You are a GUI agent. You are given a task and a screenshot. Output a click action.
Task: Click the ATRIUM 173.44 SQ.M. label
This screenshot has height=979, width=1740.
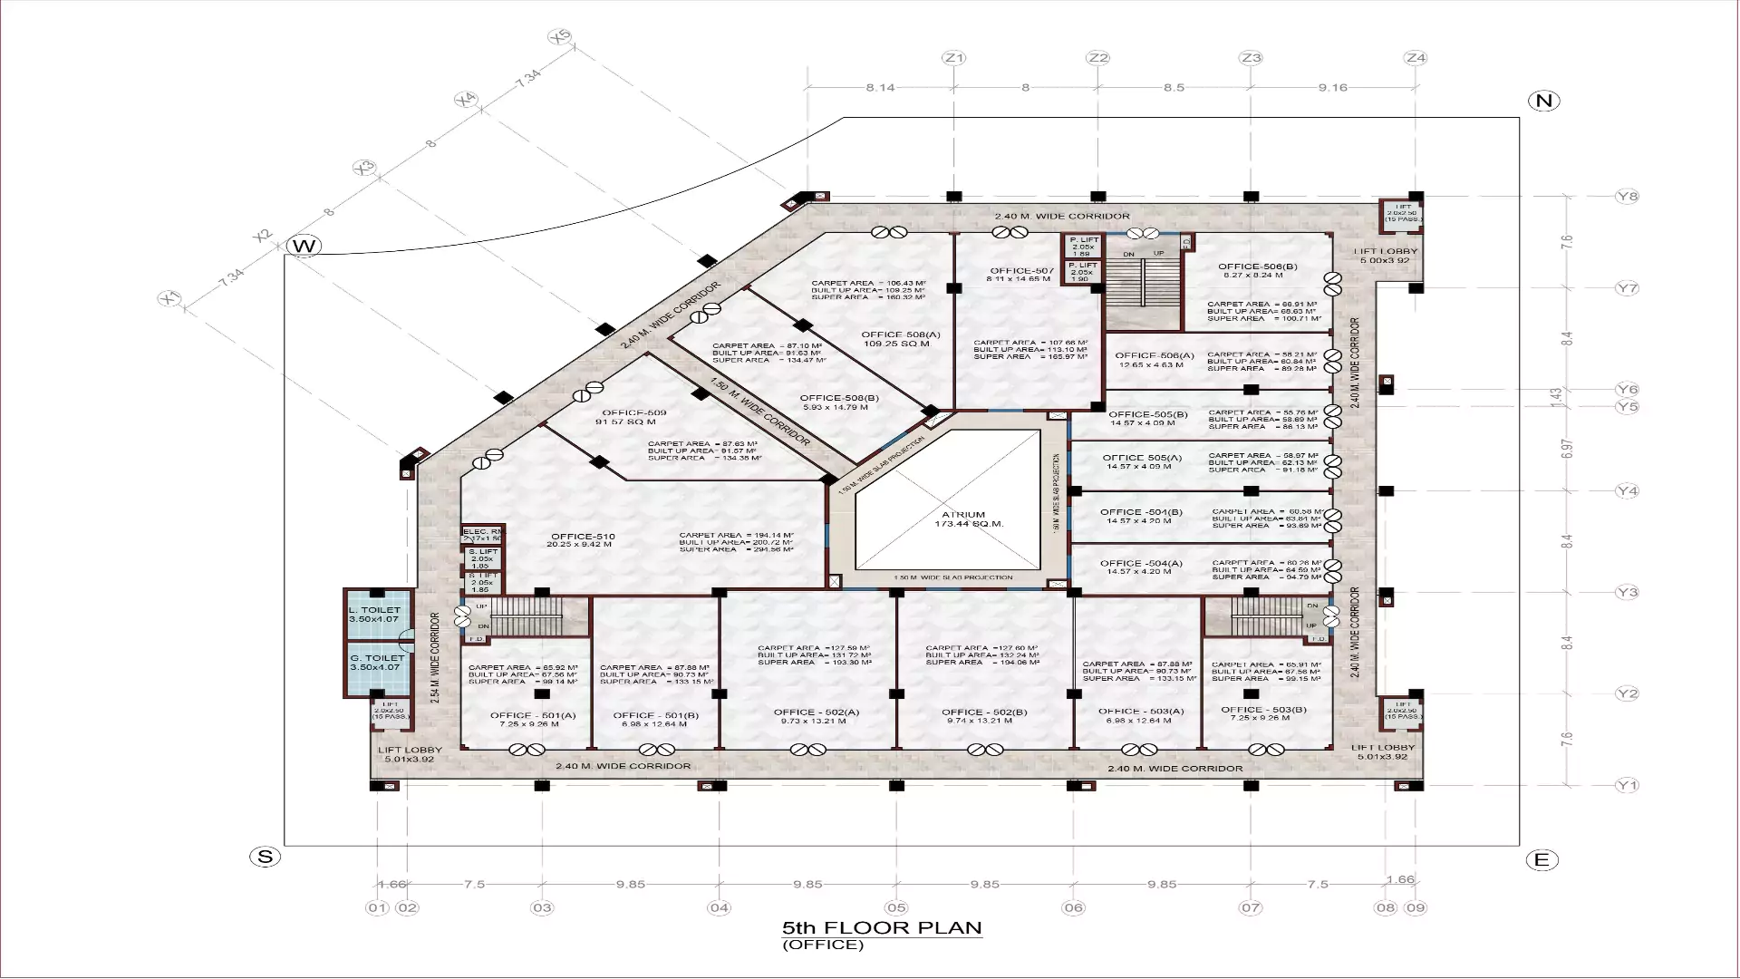[x=962, y=519]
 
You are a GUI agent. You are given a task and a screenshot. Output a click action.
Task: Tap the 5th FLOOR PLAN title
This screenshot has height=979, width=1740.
[x=882, y=927]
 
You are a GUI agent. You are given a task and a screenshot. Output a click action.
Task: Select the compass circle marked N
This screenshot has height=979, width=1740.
[x=1543, y=101]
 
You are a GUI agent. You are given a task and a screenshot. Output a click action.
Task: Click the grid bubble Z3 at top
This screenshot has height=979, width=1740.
[x=1251, y=58]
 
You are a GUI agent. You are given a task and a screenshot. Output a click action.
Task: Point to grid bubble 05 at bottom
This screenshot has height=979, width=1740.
[x=896, y=907]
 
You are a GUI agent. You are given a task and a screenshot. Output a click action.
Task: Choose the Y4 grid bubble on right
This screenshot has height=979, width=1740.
[x=1628, y=491]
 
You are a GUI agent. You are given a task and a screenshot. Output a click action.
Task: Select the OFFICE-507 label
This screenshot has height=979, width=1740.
[x=1021, y=271]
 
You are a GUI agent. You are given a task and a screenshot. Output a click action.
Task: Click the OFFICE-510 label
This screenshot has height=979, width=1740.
[x=581, y=537]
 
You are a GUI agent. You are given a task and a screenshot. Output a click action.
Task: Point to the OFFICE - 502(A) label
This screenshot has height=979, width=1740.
[x=817, y=712]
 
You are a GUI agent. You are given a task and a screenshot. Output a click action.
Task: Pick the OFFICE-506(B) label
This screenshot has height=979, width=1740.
[x=1258, y=267]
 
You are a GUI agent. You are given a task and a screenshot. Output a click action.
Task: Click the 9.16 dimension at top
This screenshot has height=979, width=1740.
[x=1333, y=88]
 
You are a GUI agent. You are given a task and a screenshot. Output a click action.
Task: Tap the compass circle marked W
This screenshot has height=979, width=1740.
[x=304, y=246]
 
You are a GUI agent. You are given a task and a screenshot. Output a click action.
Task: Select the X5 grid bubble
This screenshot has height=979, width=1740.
[x=560, y=37]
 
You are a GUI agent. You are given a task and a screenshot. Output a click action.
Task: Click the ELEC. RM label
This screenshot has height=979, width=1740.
[x=482, y=532]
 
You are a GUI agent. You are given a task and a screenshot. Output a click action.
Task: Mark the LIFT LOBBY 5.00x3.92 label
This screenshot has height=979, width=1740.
[x=1386, y=256]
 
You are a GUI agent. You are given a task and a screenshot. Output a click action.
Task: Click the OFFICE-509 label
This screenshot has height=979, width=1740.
[x=634, y=413]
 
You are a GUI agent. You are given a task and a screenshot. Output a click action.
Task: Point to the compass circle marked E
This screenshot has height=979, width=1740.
[x=1542, y=860]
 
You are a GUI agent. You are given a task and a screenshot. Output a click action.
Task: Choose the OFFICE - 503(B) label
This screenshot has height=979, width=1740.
[x=1263, y=710]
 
